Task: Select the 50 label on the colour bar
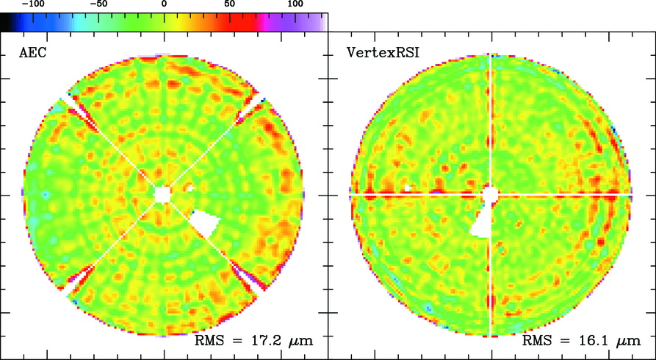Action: click(x=229, y=5)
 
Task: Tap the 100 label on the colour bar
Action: click(x=295, y=5)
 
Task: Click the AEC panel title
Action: click(x=32, y=53)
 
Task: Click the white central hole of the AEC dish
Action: click(x=162, y=193)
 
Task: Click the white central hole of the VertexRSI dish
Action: click(x=490, y=193)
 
